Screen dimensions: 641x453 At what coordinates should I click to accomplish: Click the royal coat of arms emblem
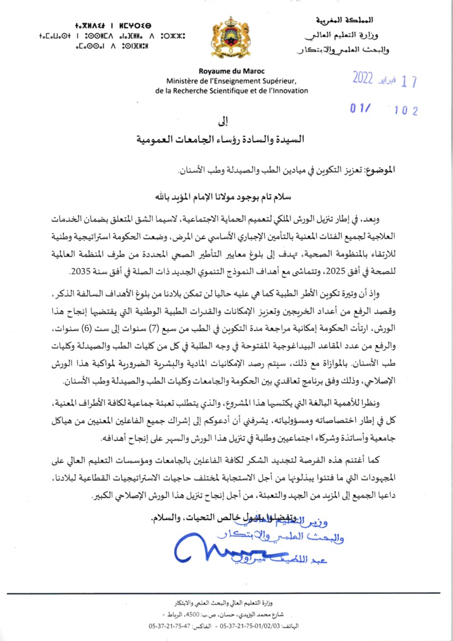(x=226, y=38)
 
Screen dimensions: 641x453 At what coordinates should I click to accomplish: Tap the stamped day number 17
(x=409, y=82)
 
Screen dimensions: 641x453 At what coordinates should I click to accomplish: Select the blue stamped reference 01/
(x=360, y=109)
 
